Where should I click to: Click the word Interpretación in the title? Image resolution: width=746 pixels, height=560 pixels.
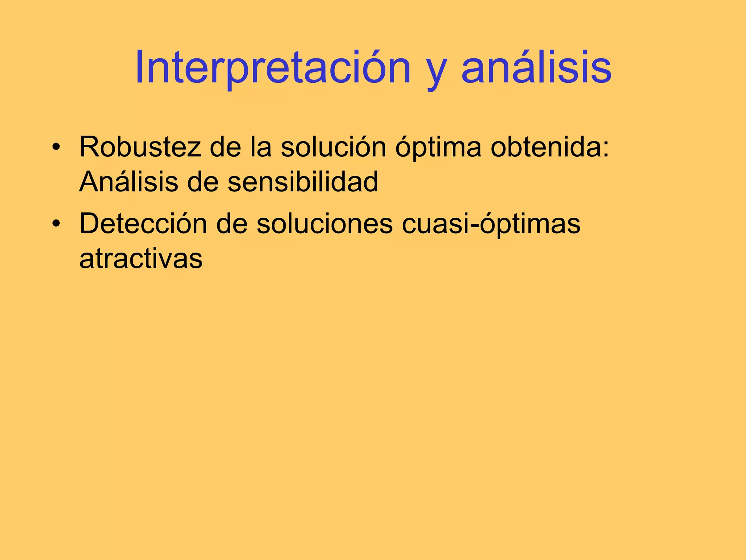(272, 69)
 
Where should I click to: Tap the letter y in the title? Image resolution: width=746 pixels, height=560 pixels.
(436, 73)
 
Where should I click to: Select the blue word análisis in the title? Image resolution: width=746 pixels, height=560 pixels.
(536, 69)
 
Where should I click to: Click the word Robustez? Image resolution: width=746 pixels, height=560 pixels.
(140, 147)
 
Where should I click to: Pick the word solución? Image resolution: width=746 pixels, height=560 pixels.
(333, 147)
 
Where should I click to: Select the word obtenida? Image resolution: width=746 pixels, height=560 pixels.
(545, 147)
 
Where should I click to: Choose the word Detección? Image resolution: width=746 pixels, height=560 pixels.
(143, 223)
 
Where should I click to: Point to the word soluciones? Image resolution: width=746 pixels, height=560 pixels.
(325, 223)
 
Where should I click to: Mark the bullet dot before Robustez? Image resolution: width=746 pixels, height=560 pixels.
(55, 147)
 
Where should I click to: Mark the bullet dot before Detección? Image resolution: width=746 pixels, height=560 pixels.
(55, 223)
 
